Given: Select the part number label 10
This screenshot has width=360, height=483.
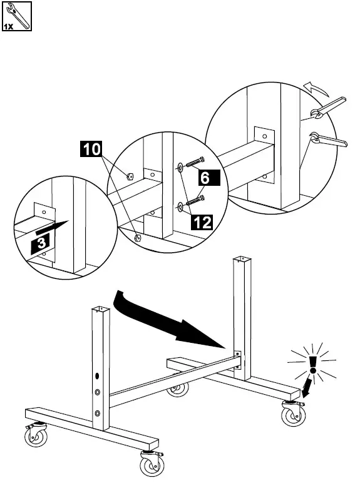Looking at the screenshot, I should tap(91, 150).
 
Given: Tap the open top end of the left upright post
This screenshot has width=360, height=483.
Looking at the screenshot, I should tap(100, 308).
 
